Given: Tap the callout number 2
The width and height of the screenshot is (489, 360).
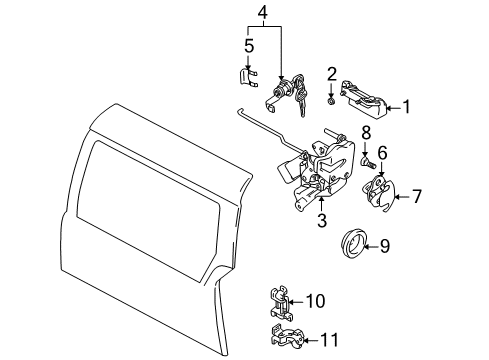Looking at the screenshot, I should click(331, 73).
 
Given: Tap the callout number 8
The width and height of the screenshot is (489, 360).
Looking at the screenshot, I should click(366, 132).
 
